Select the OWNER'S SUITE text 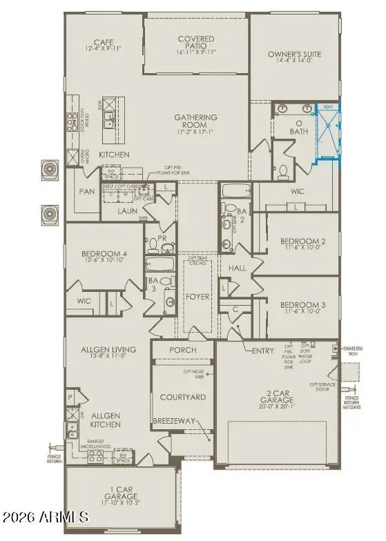(295, 55)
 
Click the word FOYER (197, 299)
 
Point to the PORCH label (182, 350)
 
